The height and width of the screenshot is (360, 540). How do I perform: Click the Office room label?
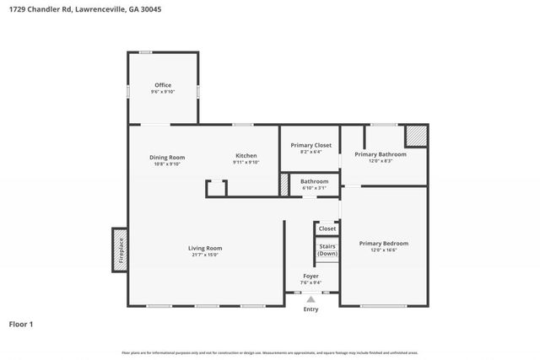[x=163, y=85]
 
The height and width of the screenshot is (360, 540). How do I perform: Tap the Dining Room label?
[x=167, y=157]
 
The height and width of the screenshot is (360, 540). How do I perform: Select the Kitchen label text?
[x=246, y=157]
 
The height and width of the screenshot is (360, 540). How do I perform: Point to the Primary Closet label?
[x=310, y=146]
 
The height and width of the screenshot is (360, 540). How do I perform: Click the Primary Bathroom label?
[x=381, y=154]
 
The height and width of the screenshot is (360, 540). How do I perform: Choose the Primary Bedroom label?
[x=384, y=244]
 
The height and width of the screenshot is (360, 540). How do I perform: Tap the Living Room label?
[x=205, y=248]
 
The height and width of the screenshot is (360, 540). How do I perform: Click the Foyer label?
[x=311, y=277]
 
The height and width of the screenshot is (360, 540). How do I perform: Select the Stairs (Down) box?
[x=327, y=250]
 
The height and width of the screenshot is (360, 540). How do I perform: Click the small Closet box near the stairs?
[x=327, y=228]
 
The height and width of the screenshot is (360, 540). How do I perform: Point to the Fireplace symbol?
[x=120, y=250]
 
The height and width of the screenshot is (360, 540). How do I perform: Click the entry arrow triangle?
[x=311, y=299]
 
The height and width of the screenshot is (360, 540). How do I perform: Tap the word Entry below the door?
[x=311, y=309]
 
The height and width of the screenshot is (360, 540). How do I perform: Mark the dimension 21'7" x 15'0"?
[x=204, y=255]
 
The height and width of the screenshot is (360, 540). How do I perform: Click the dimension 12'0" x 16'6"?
[x=384, y=250]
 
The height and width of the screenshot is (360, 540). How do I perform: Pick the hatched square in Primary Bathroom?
[x=415, y=136]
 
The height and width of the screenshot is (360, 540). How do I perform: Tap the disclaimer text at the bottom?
[x=269, y=352]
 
